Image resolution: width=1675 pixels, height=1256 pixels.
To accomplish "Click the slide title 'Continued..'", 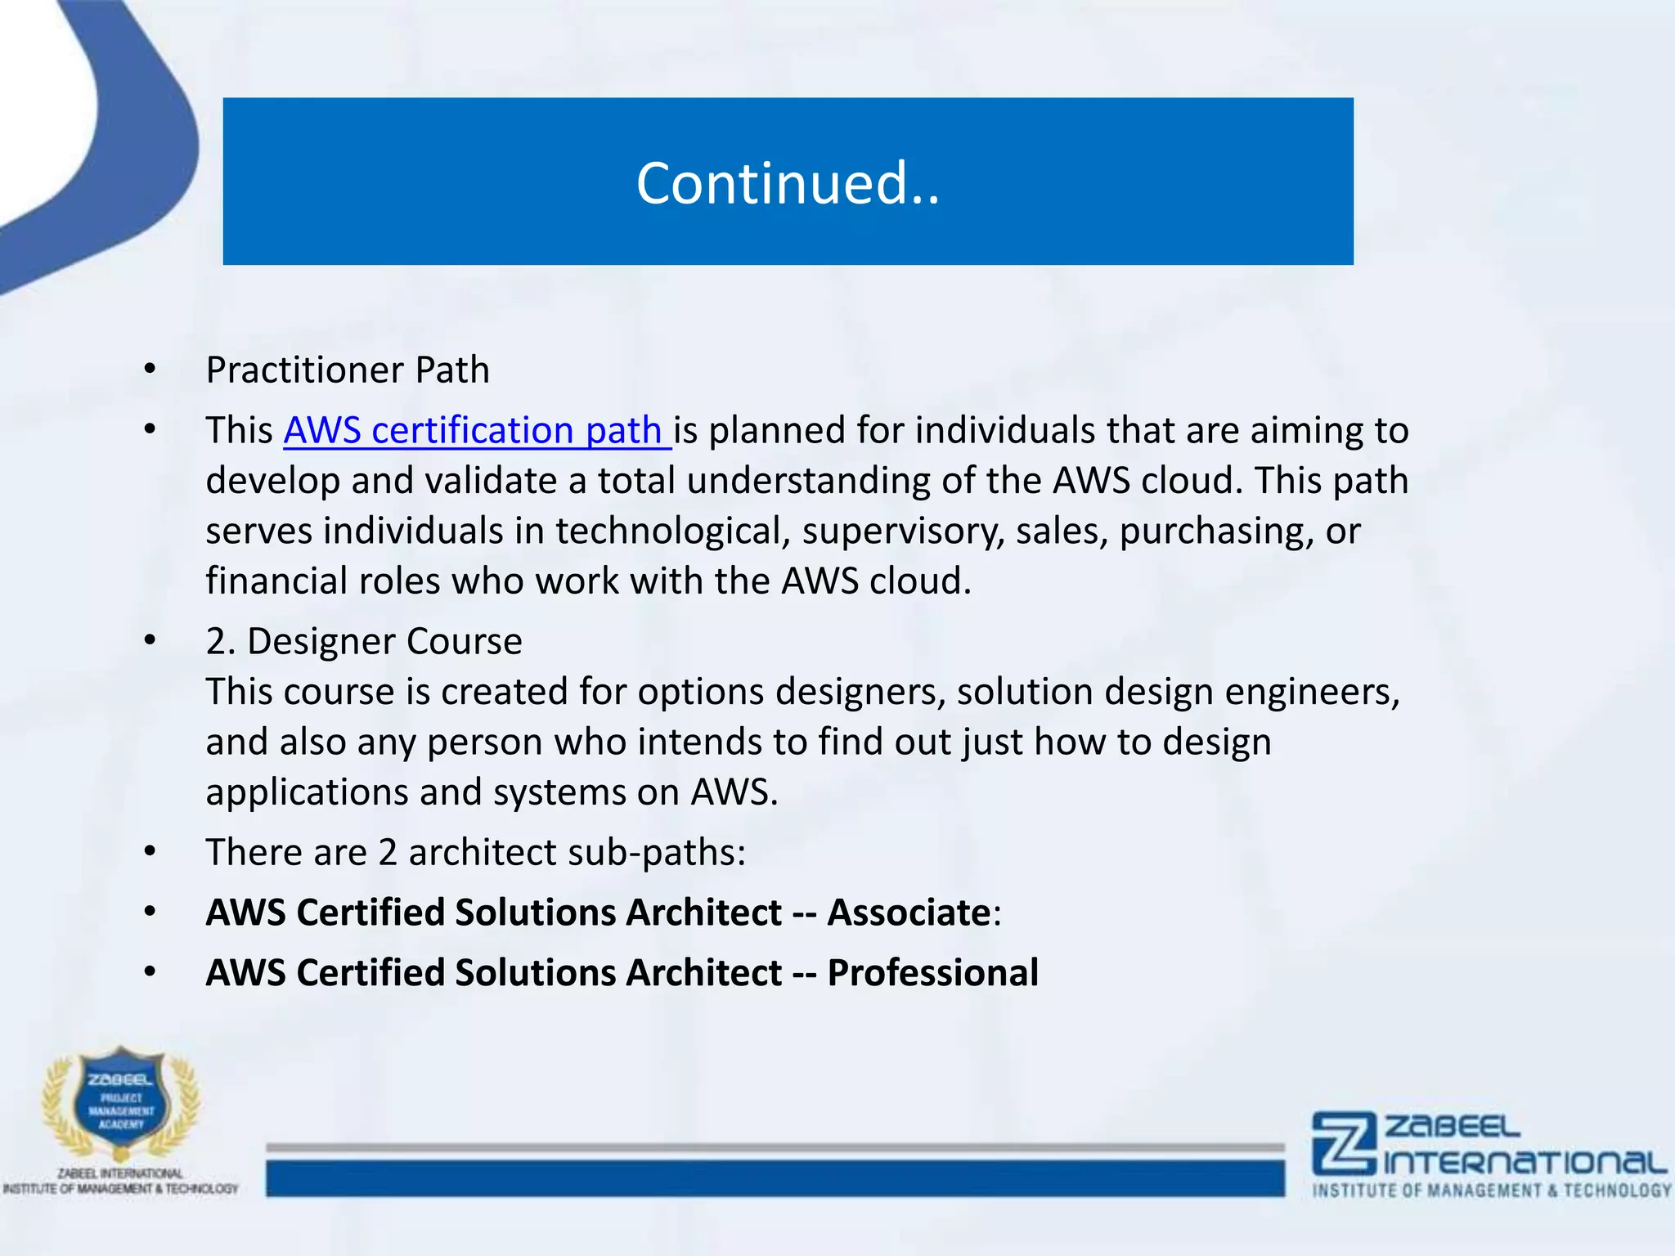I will coord(788,183).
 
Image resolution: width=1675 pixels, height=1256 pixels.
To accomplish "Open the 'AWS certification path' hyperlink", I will coord(476,431).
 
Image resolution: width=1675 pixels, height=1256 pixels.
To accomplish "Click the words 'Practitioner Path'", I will coord(348,370).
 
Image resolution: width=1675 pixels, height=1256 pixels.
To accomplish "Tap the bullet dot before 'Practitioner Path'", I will coord(149,370).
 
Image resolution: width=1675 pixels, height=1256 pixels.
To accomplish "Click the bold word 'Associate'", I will coord(909,913).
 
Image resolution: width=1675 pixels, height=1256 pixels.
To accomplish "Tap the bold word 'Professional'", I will coord(932,973).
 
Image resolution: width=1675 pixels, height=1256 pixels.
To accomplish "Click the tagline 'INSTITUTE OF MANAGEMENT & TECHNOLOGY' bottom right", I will coord(1492,1191).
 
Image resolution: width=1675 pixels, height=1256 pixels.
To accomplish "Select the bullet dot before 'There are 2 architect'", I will coord(149,852).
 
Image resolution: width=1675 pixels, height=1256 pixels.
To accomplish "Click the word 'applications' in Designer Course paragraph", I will coord(307,793).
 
